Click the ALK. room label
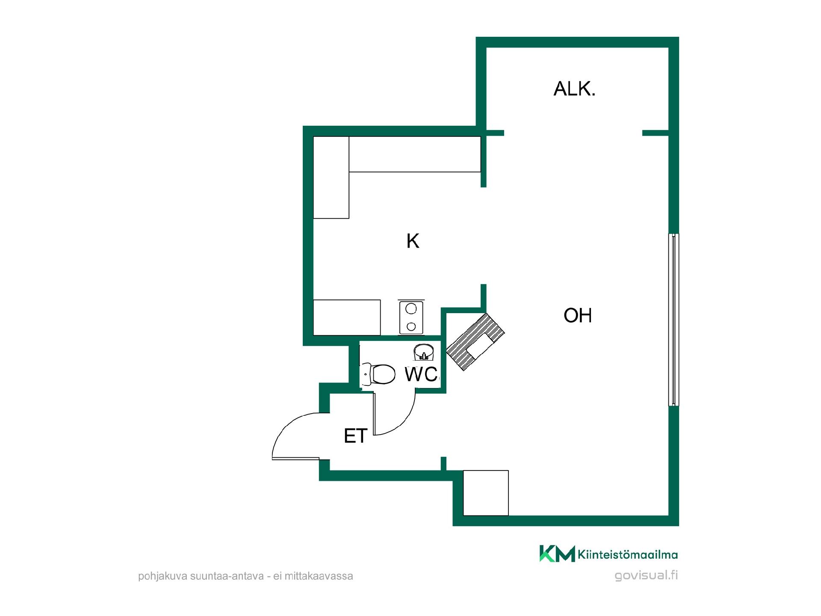coord(574,89)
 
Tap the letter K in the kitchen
coord(413,241)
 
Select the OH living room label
coord(578,315)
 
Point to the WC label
coord(421,374)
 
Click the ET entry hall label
coord(356,436)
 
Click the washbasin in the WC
coord(424,353)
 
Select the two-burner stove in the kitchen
coord(411,317)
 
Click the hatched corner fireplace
coord(475,341)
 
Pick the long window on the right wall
coord(673,319)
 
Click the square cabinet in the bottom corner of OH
coord(486,493)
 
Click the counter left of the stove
coord(347,317)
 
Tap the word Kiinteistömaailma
coord(628,555)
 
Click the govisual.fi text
coord(646,576)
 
